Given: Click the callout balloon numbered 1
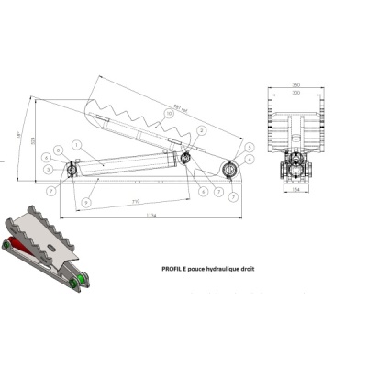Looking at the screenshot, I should pos(77,142).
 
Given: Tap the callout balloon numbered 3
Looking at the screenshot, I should pos(250,147).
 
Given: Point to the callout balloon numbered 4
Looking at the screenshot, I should pos(250,159).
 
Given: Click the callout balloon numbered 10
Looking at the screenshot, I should pos(168,115).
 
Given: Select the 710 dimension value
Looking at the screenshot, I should pos(135,199).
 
